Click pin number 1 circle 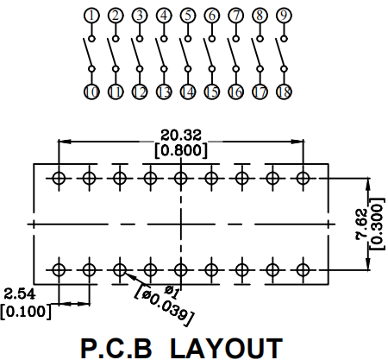click(91, 16)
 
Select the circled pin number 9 click(284, 16)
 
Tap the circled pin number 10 click(91, 92)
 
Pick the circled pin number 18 click(284, 92)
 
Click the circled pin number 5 click(188, 16)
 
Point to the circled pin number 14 click(188, 92)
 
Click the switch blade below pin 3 click(135, 53)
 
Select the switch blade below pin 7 click(232, 53)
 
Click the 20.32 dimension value click(181, 135)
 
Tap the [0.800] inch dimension click(181, 150)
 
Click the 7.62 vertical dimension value click(361, 224)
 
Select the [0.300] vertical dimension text click(377, 224)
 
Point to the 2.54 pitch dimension click(20, 294)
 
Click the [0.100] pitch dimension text click(26, 312)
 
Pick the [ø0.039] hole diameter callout click(164, 306)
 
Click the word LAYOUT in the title click(227, 349)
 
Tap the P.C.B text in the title click(116, 349)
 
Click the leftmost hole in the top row click(59, 178)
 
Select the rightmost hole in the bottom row click(303, 270)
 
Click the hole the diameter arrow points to click(120, 270)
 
